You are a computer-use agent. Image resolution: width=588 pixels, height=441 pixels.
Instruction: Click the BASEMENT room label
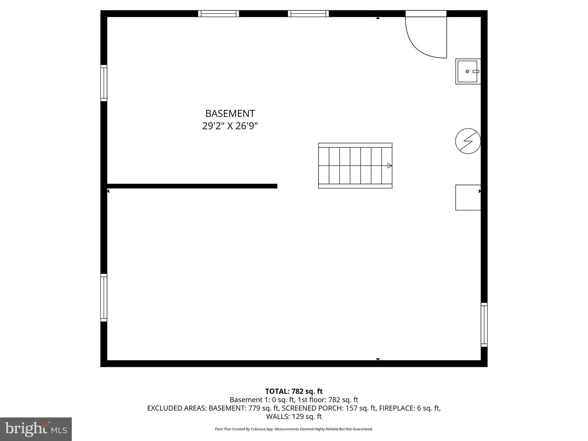click(x=230, y=114)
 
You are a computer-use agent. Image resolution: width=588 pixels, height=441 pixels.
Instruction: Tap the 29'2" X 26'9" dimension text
click(x=230, y=126)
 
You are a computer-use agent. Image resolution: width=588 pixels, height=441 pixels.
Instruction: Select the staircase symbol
click(x=355, y=165)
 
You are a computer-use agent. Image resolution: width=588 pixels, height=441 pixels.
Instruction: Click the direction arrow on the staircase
click(x=390, y=166)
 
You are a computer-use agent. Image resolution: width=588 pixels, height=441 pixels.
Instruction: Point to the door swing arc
click(x=423, y=43)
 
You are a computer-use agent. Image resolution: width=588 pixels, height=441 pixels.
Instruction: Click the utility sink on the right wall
click(x=468, y=71)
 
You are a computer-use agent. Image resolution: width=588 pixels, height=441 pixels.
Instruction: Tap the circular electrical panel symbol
click(x=468, y=141)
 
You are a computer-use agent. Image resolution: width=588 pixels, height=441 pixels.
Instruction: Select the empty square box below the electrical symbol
click(x=468, y=198)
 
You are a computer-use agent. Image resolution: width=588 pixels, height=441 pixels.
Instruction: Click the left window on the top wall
click(x=218, y=13)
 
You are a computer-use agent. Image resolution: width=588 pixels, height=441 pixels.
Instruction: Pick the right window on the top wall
click(x=308, y=13)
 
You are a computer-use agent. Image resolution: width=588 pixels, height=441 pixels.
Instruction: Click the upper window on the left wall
click(x=104, y=83)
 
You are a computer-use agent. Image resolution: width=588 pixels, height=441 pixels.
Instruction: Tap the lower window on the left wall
click(x=104, y=298)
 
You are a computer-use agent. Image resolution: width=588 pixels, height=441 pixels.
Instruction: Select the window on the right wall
click(x=484, y=325)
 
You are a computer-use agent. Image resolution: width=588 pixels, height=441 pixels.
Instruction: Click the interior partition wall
click(x=192, y=186)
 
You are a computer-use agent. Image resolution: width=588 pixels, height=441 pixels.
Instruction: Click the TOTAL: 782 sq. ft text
click(x=294, y=391)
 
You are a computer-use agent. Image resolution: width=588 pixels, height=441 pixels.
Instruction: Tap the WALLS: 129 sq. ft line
click(x=294, y=416)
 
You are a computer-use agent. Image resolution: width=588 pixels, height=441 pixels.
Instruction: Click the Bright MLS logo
click(x=36, y=429)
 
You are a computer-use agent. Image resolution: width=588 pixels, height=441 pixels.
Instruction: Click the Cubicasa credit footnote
click(x=294, y=429)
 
